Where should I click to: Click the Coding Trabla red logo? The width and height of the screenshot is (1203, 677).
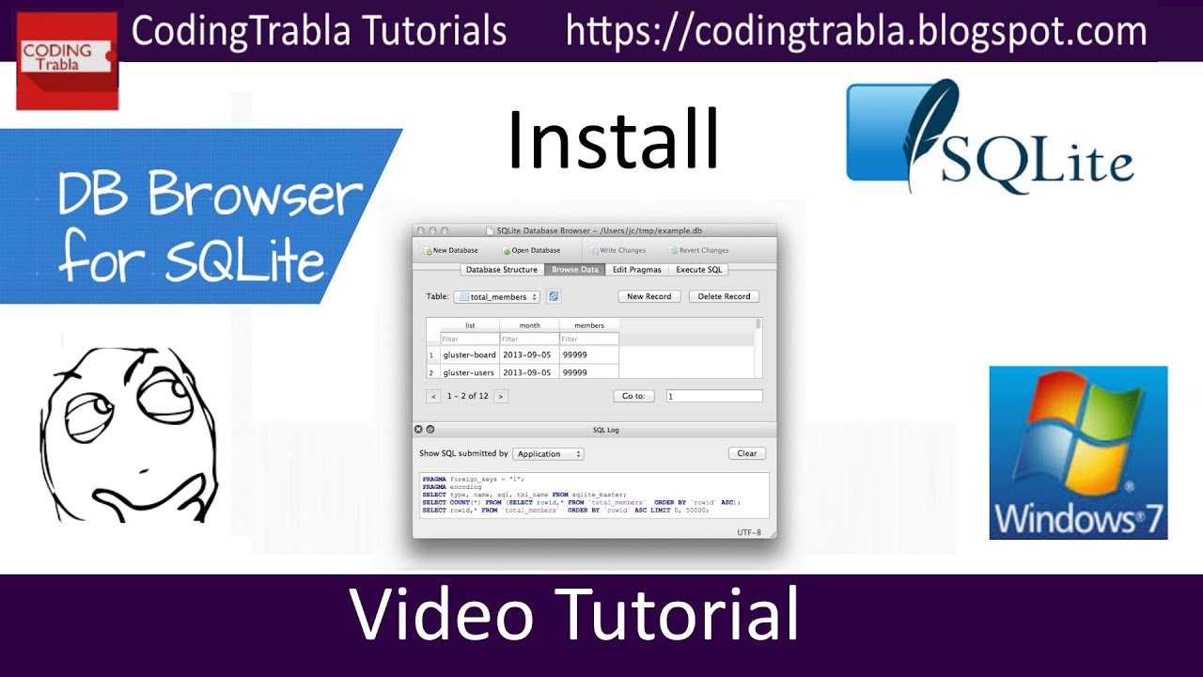(x=67, y=60)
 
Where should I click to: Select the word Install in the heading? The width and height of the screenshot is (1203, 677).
(x=613, y=141)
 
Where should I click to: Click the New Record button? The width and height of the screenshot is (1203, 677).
(x=648, y=296)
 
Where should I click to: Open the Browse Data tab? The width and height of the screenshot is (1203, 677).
(x=574, y=270)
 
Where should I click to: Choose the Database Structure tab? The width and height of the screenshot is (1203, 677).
(x=502, y=270)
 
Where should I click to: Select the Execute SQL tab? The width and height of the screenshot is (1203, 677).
(x=699, y=270)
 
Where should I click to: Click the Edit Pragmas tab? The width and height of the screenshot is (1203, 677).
(x=637, y=270)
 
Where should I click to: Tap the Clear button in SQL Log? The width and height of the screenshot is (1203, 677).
(x=746, y=453)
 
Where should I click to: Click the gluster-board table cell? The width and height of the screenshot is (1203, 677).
(x=469, y=354)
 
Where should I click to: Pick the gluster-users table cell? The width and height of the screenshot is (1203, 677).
(x=469, y=372)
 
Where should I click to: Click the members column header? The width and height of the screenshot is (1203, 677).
(x=589, y=325)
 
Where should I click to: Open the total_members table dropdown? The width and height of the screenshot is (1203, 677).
(x=496, y=297)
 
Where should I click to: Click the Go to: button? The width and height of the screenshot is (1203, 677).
(x=633, y=396)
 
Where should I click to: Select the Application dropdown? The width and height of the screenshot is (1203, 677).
(x=547, y=454)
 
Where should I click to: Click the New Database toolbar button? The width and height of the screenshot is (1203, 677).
(x=451, y=251)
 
